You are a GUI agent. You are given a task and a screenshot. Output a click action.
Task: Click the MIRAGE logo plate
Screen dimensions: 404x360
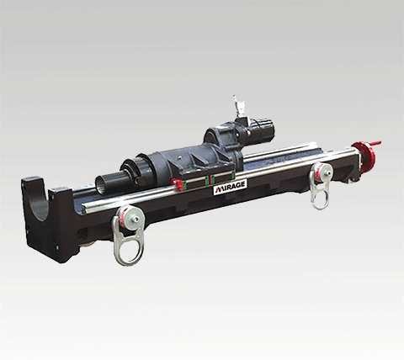pyautogui.click(x=231, y=187)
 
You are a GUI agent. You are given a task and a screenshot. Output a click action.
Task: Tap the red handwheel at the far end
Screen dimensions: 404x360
pyautogui.click(x=362, y=156)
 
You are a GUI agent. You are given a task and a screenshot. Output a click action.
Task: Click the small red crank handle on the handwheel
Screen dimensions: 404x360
pyautogui.click(x=374, y=144)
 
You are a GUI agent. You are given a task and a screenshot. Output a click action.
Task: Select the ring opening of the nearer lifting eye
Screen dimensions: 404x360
pyautogui.click(x=128, y=249)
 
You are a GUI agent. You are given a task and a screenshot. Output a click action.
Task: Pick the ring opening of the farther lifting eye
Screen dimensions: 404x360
pyautogui.click(x=321, y=197)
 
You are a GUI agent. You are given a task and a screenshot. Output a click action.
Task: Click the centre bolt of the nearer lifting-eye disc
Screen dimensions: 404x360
pyautogui.click(x=136, y=220)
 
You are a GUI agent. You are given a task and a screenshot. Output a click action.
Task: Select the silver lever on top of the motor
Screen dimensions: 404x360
pyautogui.click(x=236, y=106)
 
